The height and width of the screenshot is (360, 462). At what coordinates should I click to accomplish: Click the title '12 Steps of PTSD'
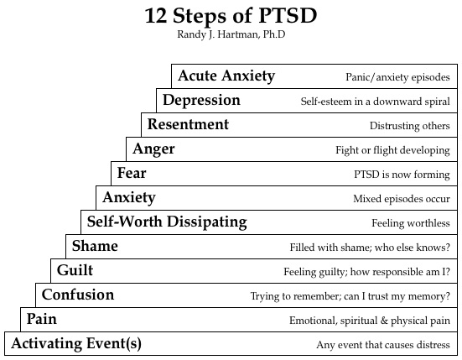click(231, 17)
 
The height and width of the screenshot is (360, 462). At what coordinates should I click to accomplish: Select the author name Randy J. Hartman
click(231, 35)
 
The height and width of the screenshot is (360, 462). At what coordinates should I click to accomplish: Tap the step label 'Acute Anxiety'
click(226, 76)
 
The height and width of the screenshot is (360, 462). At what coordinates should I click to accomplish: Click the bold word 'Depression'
click(201, 101)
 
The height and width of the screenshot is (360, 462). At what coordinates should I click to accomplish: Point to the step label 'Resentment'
click(188, 125)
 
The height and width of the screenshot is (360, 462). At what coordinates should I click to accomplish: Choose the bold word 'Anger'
click(153, 149)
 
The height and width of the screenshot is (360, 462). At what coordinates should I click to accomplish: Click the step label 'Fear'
click(132, 174)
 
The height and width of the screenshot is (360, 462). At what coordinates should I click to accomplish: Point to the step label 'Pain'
click(42, 320)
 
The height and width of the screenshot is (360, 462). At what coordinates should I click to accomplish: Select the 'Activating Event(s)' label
click(75, 344)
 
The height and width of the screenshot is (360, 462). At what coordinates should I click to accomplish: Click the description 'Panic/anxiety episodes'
click(397, 77)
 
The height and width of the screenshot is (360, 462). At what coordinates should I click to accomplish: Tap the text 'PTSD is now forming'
click(402, 175)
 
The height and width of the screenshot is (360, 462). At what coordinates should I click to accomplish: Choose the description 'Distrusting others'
click(409, 126)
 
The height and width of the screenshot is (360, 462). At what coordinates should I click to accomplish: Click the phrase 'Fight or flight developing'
click(392, 150)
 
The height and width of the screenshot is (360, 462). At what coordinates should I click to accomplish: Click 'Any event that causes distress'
click(383, 345)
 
